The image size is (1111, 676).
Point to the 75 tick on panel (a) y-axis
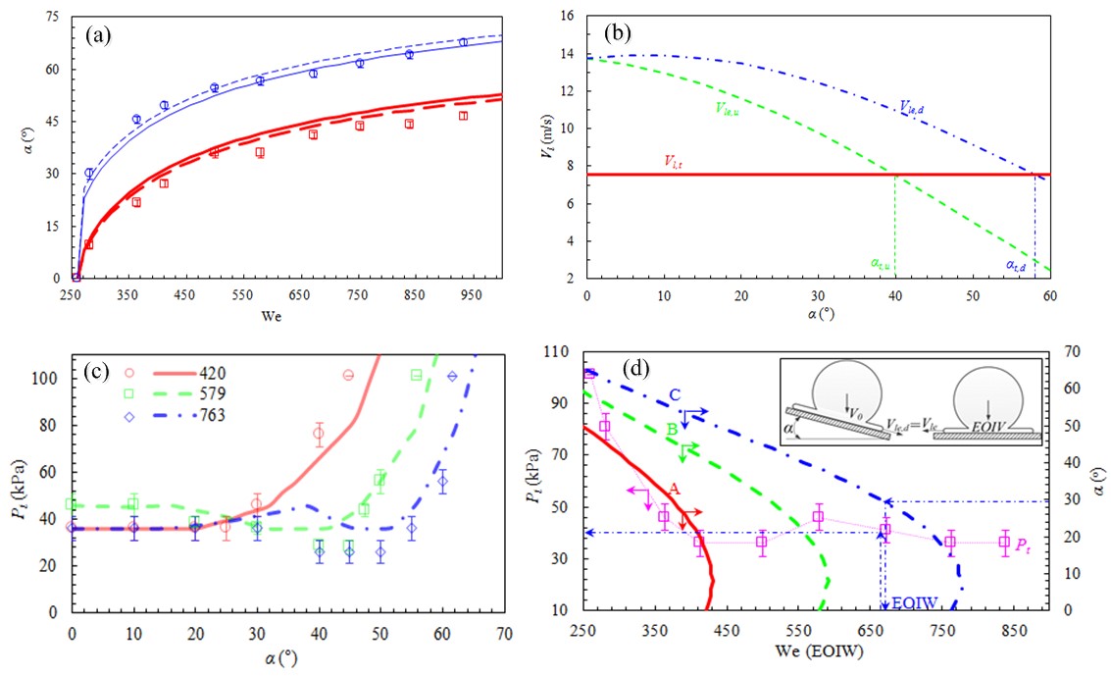(x=53, y=18)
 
